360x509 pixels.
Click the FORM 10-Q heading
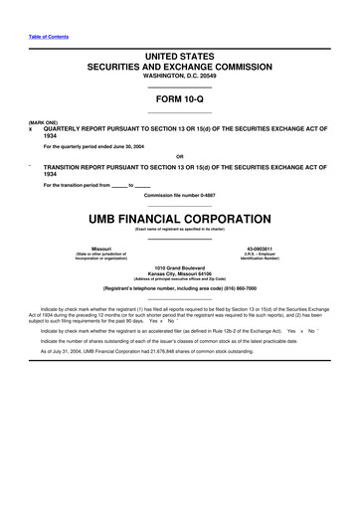coord(180,99)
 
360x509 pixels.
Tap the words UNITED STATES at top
coord(180,59)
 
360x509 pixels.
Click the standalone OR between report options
coord(180,156)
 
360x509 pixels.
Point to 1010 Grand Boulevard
coord(180,268)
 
